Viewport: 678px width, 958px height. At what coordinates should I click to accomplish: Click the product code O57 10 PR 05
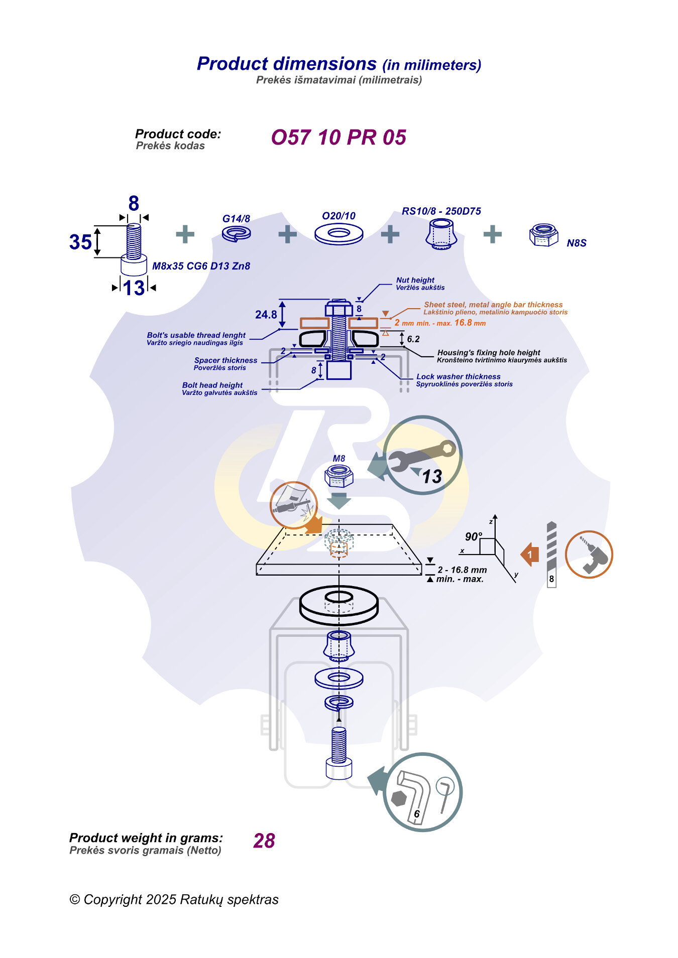(338, 138)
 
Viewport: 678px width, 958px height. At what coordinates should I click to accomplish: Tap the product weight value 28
(264, 841)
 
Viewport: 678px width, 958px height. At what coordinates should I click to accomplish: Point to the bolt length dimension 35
(80, 242)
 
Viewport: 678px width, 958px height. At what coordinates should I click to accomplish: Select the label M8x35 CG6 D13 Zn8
(201, 266)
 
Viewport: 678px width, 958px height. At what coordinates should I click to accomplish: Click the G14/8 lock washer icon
(237, 233)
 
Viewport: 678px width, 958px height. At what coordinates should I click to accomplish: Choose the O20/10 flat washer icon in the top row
(338, 234)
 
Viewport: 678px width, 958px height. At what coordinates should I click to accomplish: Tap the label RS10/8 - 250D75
(441, 211)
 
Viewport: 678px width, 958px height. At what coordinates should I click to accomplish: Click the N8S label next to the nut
(576, 243)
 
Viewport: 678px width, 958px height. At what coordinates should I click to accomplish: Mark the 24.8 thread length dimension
(266, 315)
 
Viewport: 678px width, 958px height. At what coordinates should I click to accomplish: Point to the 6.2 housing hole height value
(413, 339)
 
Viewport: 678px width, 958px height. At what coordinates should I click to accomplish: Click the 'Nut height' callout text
(415, 280)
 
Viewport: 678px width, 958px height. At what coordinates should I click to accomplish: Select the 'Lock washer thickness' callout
(458, 376)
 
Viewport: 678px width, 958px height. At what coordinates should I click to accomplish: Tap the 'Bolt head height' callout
(212, 385)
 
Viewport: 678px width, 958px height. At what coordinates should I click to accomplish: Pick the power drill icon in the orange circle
(589, 555)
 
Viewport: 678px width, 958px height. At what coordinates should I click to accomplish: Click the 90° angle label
(473, 536)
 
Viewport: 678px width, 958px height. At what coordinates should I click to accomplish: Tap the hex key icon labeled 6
(422, 792)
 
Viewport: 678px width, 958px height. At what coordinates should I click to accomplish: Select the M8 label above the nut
(339, 458)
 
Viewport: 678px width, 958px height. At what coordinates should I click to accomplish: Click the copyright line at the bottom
(174, 899)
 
